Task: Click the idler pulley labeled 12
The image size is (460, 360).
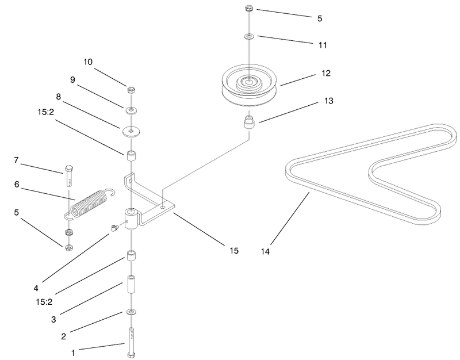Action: (x=250, y=85)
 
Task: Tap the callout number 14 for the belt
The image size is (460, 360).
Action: (x=265, y=251)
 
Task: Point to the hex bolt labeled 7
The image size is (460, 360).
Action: (x=68, y=176)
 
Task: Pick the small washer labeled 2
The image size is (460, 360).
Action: (x=131, y=312)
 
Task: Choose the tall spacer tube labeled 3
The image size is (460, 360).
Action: (x=131, y=284)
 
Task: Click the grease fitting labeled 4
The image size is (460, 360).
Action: (x=114, y=227)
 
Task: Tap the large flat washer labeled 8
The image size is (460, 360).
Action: (x=131, y=131)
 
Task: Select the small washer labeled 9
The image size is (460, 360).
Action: (x=131, y=111)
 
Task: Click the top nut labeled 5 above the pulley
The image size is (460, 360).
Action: (x=249, y=8)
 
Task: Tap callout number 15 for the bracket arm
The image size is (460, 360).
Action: (x=234, y=251)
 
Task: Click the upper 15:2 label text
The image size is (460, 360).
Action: (x=46, y=112)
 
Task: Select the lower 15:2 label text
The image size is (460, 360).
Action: (x=44, y=302)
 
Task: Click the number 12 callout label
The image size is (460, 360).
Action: (x=326, y=73)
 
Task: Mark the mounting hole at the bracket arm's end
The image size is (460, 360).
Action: (x=162, y=207)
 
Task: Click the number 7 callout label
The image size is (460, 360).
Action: (x=16, y=160)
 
